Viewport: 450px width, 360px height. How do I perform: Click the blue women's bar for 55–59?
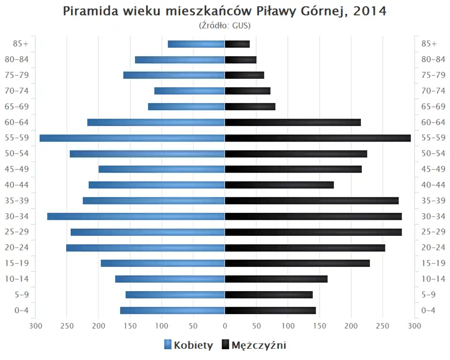click(132, 138)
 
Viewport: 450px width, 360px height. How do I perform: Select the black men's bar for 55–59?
click(318, 138)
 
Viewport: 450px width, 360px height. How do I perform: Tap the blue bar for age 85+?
click(196, 44)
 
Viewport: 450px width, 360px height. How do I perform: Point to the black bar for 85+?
click(237, 44)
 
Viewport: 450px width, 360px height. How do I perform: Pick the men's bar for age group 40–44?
click(279, 185)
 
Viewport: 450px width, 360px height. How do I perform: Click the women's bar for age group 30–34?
click(136, 217)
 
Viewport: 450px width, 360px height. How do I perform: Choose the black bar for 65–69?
click(250, 107)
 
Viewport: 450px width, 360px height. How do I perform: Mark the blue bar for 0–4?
click(172, 310)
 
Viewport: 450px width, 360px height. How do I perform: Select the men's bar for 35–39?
click(312, 201)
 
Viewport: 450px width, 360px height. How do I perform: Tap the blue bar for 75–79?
click(174, 75)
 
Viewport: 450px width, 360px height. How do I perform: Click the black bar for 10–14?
click(276, 279)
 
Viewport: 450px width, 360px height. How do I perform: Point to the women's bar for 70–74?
click(189, 91)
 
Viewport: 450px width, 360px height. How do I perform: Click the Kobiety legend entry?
click(188, 345)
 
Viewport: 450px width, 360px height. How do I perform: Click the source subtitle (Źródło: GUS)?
click(225, 25)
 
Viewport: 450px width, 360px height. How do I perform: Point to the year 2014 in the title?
click(370, 11)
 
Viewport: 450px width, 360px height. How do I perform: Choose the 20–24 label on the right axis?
click(433, 247)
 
